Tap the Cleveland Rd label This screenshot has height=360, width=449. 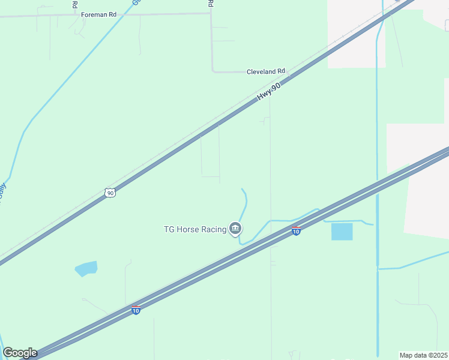[x=266, y=71]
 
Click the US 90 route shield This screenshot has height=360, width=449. [x=109, y=193]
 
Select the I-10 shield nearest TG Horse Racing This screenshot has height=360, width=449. [x=296, y=230]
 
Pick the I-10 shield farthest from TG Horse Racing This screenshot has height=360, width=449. [x=136, y=310]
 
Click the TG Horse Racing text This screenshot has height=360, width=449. [x=195, y=229]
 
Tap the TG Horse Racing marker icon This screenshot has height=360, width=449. [x=235, y=228]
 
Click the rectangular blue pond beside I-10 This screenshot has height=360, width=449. [x=342, y=232]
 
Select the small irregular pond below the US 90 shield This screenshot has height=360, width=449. [x=86, y=268]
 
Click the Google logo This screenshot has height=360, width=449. [x=20, y=353]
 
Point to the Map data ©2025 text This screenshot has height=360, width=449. [x=423, y=355]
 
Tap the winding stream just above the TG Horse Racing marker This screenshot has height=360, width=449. [x=244, y=204]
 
